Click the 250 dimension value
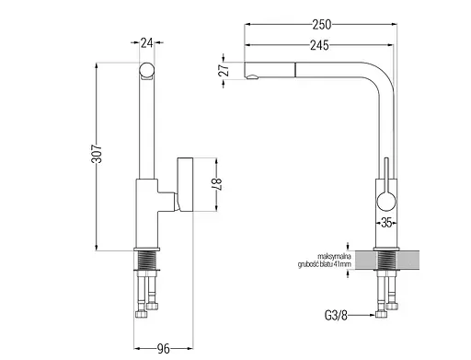click(x=322, y=25)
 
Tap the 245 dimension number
click(x=319, y=45)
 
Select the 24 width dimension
click(x=146, y=43)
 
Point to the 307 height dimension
click(x=97, y=154)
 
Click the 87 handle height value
click(x=217, y=184)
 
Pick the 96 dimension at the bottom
click(x=163, y=349)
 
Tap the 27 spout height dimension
click(x=224, y=70)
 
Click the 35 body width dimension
click(x=386, y=222)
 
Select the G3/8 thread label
click(x=336, y=315)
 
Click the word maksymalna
click(x=334, y=256)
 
